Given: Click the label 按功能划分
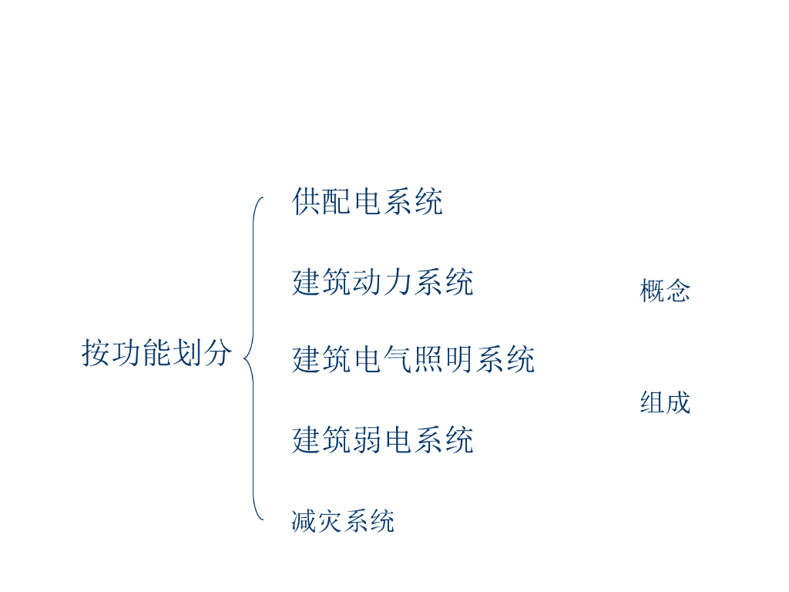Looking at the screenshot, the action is pos(157,353).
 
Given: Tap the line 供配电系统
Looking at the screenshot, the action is pos(368,202).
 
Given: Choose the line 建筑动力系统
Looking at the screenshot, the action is pos(382,282).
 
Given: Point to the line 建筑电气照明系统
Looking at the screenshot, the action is pos(413,359).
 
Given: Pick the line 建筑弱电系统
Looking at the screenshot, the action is pos(382,440).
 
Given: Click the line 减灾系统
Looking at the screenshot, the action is pos(343,521).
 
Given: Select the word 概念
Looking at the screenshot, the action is pos(665,291).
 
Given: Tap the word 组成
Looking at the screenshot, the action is pos(665,402).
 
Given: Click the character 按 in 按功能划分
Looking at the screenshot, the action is pos(96,353).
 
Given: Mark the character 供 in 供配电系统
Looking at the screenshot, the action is pos(307,202).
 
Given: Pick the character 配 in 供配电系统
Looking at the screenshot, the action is pos(337,202).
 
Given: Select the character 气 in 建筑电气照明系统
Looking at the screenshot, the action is pos(398,359).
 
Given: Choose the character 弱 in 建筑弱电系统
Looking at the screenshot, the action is pos(367,440).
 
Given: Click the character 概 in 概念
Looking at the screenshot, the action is pos(652,291).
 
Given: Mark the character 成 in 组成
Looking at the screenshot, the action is pos(678,402).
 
